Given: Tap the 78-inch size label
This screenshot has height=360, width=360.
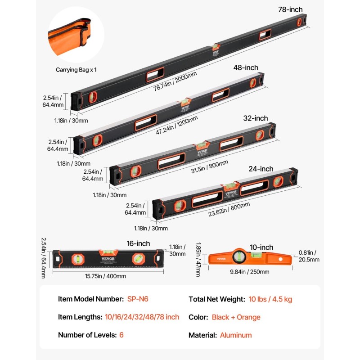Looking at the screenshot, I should click(290, 9).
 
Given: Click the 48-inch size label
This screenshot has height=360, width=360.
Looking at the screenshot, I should click(246, 67).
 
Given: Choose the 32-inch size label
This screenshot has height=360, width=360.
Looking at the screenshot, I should click(255, 118).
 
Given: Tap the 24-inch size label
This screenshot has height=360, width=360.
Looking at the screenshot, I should click(261, 169).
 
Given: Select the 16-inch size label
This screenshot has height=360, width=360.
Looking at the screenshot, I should click(138, 243).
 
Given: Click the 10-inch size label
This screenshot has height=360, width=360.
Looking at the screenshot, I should click(261, 247).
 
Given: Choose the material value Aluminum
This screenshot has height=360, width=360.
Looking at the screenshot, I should click(236, 335).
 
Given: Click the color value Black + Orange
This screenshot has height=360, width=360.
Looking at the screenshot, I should click(236, 317).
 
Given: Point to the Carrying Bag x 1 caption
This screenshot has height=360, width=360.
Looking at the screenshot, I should click(76, 70).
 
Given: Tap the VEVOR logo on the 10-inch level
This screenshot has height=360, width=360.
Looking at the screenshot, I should click(221, 258).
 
